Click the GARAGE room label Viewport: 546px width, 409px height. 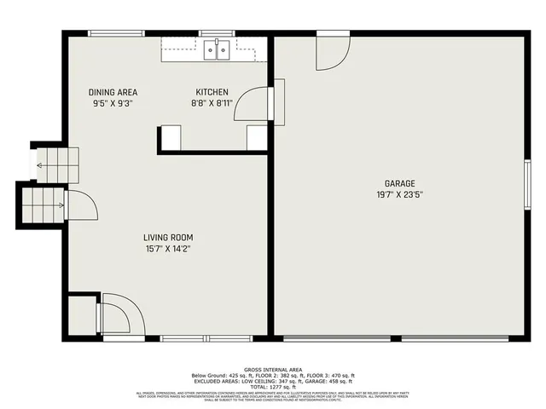pyautogui.click(x=399, y=183)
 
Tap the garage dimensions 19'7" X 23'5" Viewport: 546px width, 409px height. pyautogui.click(x=399, y=194)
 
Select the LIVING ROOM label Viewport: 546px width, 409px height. pyautogui.click(x=168, y=238)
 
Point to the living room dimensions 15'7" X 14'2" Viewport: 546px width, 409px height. pyautogui.click(x=168, y=249)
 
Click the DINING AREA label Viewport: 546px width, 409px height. pyautogui.click(x=113, y=92)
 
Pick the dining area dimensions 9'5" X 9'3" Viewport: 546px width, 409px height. pyautogui.click(x=113, y=103)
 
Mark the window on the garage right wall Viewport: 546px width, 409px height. pyautogui.click(x=527, y=185)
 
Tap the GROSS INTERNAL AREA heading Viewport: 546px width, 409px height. pyautogui.click(x=273, y=370)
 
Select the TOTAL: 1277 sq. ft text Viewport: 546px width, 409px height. pyautogui.click(x=273, y=386)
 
